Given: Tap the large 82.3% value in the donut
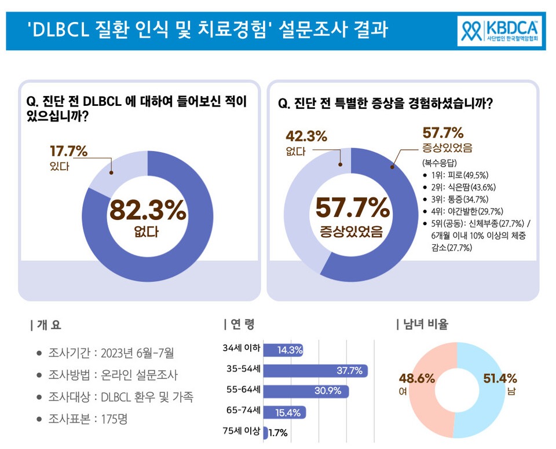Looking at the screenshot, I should click(148, 212).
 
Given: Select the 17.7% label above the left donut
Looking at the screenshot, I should click(68, 152).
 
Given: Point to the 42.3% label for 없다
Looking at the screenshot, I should click(306, 137).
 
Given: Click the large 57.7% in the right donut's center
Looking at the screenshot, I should click(352, 208).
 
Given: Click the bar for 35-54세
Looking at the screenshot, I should click(316, 371).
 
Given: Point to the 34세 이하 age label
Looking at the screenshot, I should click(242, 349).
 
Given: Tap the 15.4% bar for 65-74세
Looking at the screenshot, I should click(284, 412).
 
